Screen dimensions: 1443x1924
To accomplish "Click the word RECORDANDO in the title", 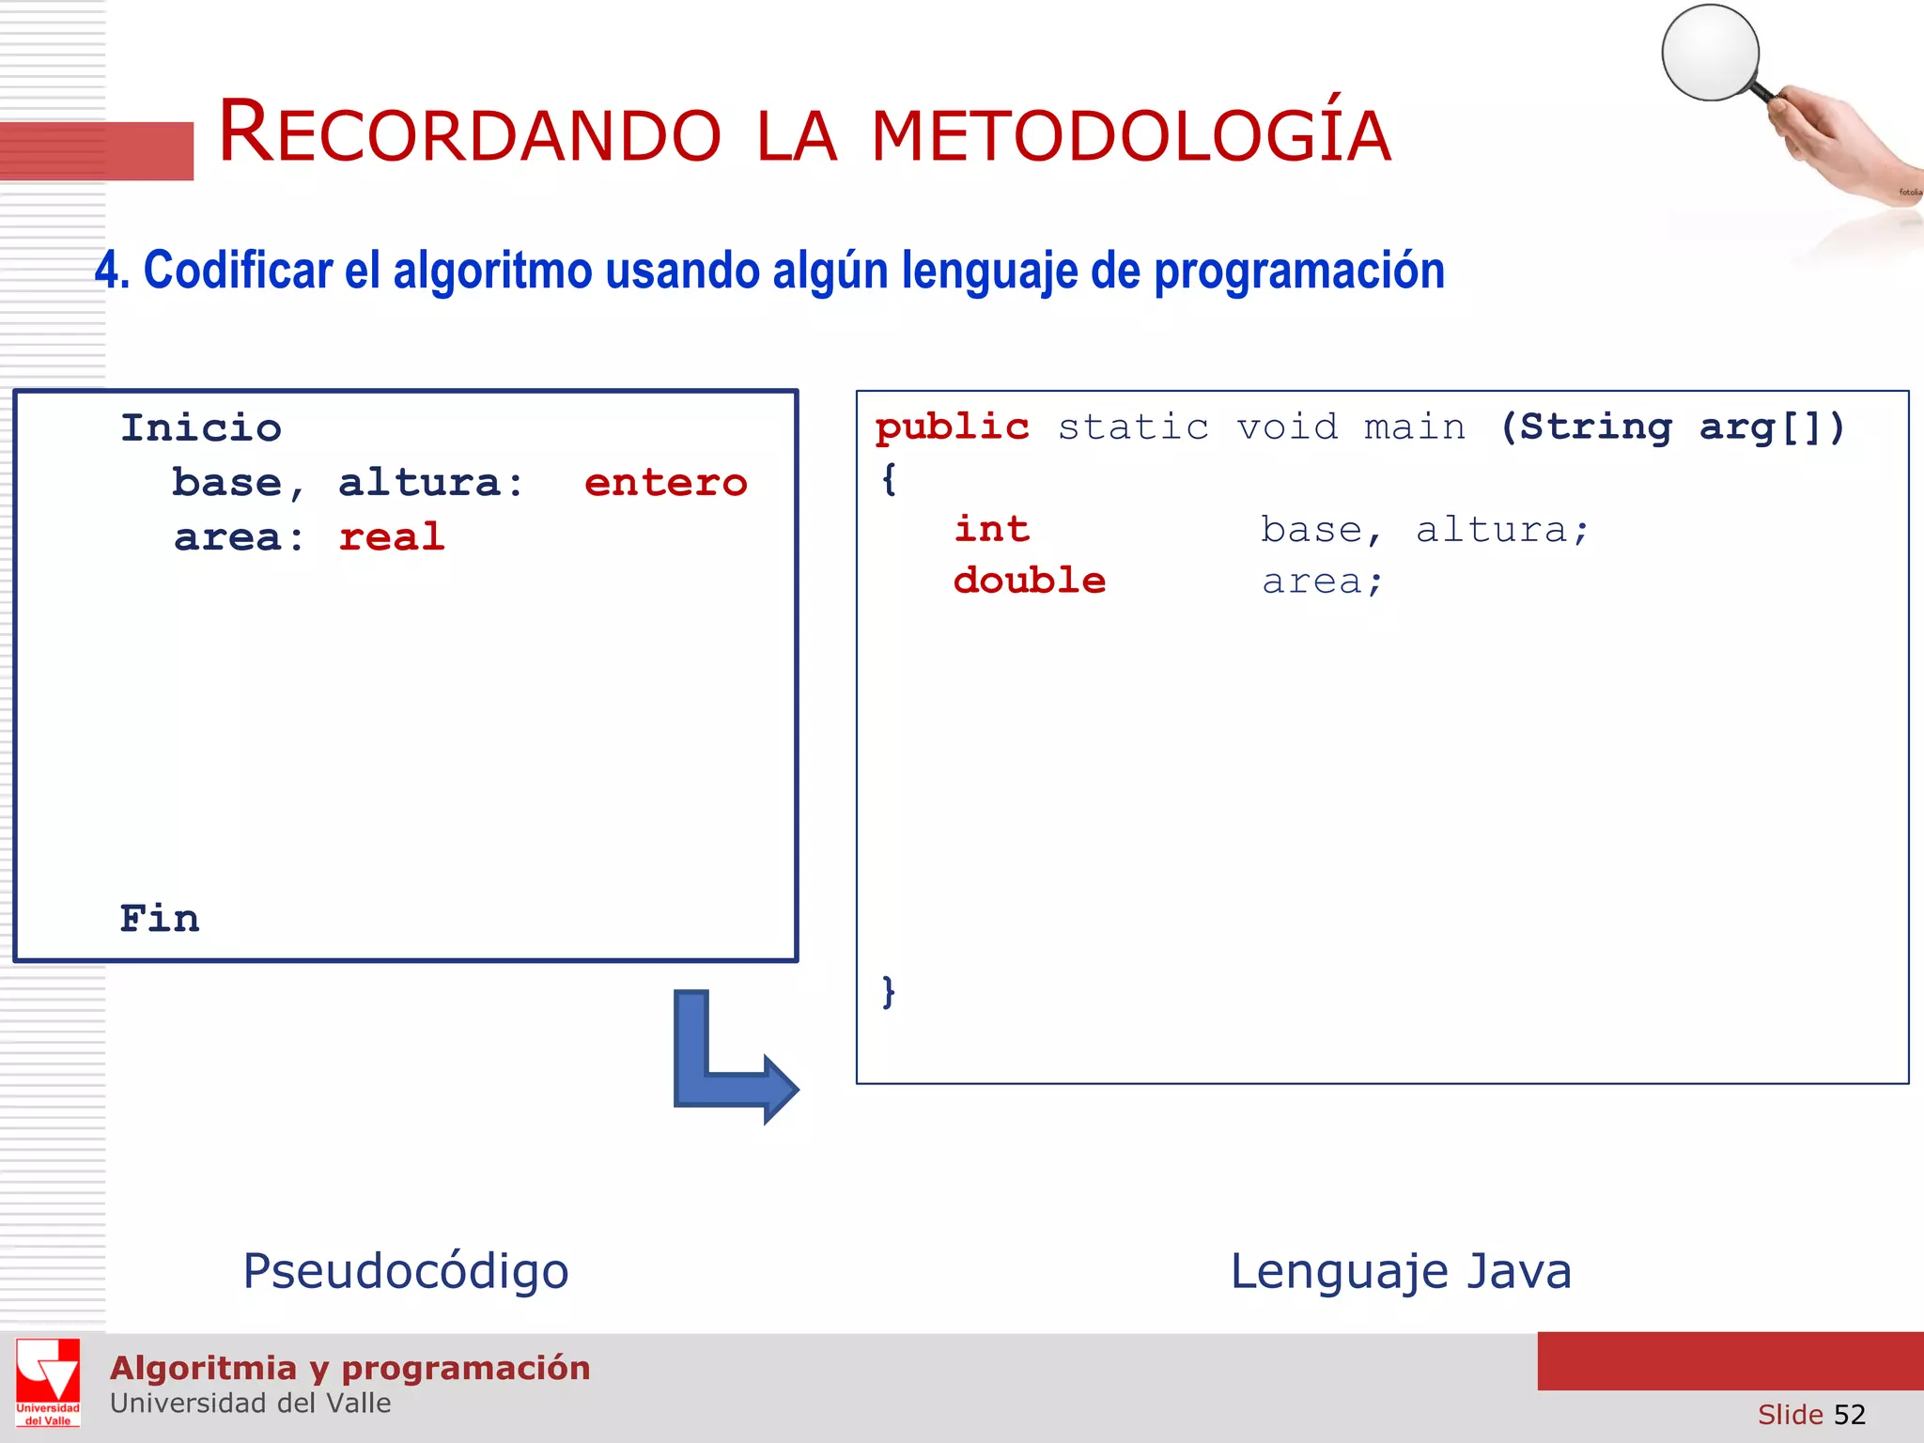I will click(470, 133).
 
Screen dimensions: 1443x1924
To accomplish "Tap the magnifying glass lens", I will click(1710, 53).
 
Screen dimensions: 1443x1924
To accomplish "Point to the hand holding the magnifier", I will click(1832, 141).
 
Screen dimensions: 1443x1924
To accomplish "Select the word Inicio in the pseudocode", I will click(201, 428).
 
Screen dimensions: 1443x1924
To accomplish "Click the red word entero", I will click(665, 483).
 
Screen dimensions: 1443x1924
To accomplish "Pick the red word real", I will click(391, 537).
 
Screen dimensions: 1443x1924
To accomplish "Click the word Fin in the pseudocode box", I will click(160, 919).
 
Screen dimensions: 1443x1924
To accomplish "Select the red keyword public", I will click(952, 427).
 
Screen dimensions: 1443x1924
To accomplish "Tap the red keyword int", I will click(992, 529).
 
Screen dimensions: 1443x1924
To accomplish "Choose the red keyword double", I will click(1030, 581).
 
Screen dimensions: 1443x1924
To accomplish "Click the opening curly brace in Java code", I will click(889, 480).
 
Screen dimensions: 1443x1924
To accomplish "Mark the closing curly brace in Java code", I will click(889, 992).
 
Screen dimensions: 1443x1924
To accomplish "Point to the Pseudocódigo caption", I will click(406, 1271).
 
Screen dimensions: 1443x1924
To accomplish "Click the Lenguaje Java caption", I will click(1401, 1271).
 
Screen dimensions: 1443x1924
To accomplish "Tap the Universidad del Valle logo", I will click(48, 1382).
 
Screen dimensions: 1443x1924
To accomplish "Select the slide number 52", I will click(1849, 1415).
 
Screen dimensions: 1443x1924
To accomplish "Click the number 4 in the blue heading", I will click(106, 272).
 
